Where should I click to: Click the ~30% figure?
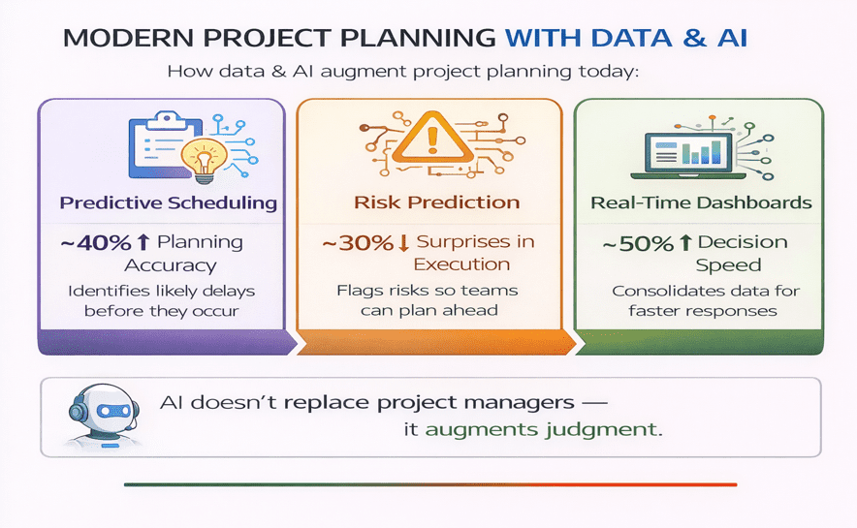pos(356,242)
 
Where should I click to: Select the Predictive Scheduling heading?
pos(168,203)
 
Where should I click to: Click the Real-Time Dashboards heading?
pos(701,203)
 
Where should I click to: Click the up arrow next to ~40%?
pos(143,242)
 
